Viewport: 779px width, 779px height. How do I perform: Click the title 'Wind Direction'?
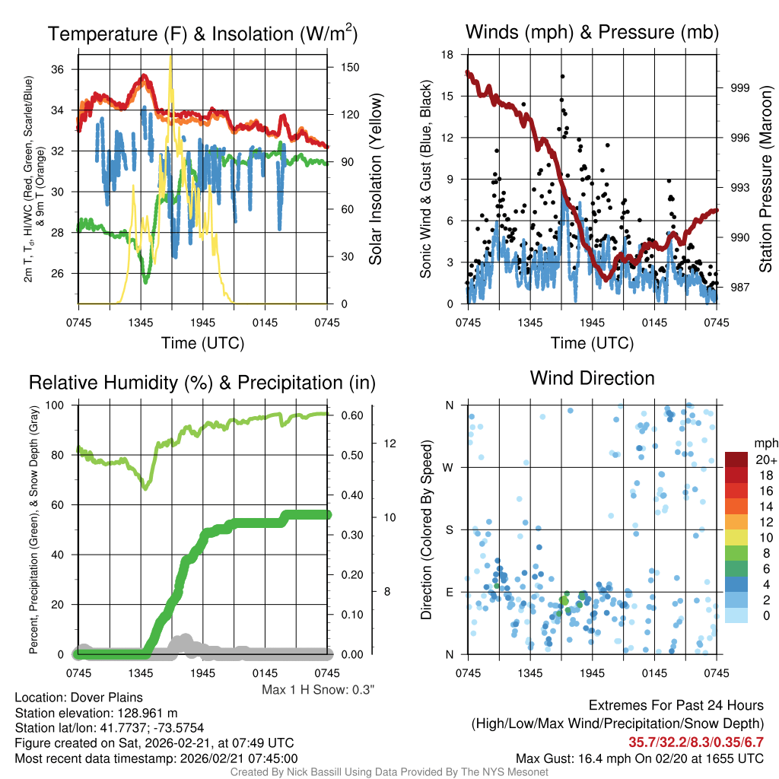pos(592,378)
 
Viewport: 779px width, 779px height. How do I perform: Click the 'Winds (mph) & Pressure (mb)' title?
pos(592,32)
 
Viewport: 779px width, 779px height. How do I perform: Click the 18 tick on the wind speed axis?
pos(449,55)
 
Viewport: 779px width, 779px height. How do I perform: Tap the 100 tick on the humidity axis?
pos(59,405)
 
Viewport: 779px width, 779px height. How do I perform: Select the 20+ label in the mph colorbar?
pos(765,460)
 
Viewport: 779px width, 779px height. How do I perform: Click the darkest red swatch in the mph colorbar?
pos(737,459)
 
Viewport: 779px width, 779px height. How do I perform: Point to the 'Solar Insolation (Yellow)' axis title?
pos(375,180)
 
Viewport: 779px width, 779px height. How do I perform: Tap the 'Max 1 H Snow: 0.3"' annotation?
pos(318,690)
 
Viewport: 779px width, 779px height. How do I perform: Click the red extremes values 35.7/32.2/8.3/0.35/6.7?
pos(696,742)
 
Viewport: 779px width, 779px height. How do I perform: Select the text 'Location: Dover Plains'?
pos(78,698)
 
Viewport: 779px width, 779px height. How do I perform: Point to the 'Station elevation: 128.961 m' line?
pos(96,713)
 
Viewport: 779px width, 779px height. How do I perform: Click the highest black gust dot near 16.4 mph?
pos(562,76)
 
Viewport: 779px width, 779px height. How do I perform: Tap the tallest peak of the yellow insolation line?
pos(170,56)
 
